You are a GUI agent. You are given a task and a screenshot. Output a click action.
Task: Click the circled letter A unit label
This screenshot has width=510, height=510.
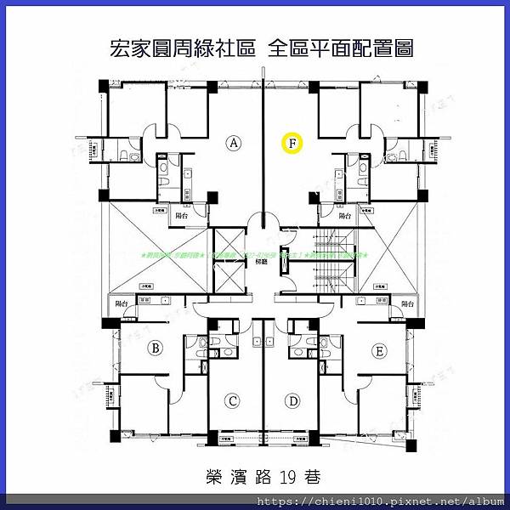click(x=235, y=144)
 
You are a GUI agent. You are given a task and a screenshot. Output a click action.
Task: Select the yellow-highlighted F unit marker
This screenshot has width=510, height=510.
click(x=292, y=144)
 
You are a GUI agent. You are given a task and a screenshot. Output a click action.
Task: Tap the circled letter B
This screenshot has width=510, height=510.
click(x=156, y=347)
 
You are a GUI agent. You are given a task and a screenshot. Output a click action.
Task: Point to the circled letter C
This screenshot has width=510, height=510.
click(x=232, y=400)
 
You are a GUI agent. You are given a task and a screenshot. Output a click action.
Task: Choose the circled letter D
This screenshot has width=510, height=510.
click(x=293, y=400)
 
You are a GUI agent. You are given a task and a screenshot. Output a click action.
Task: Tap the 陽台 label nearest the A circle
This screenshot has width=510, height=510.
click(x=181, y=217)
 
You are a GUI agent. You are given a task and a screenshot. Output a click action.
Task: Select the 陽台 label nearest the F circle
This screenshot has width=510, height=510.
click(x=346, y=217)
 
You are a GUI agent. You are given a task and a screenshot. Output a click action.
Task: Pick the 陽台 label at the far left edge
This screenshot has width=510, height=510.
click(x=122, y=303)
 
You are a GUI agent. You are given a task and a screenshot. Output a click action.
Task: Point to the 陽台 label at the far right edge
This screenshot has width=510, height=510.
click(x=407, y=303)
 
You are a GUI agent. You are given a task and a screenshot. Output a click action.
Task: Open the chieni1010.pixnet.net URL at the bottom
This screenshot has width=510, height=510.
click(x=379, y=501)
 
